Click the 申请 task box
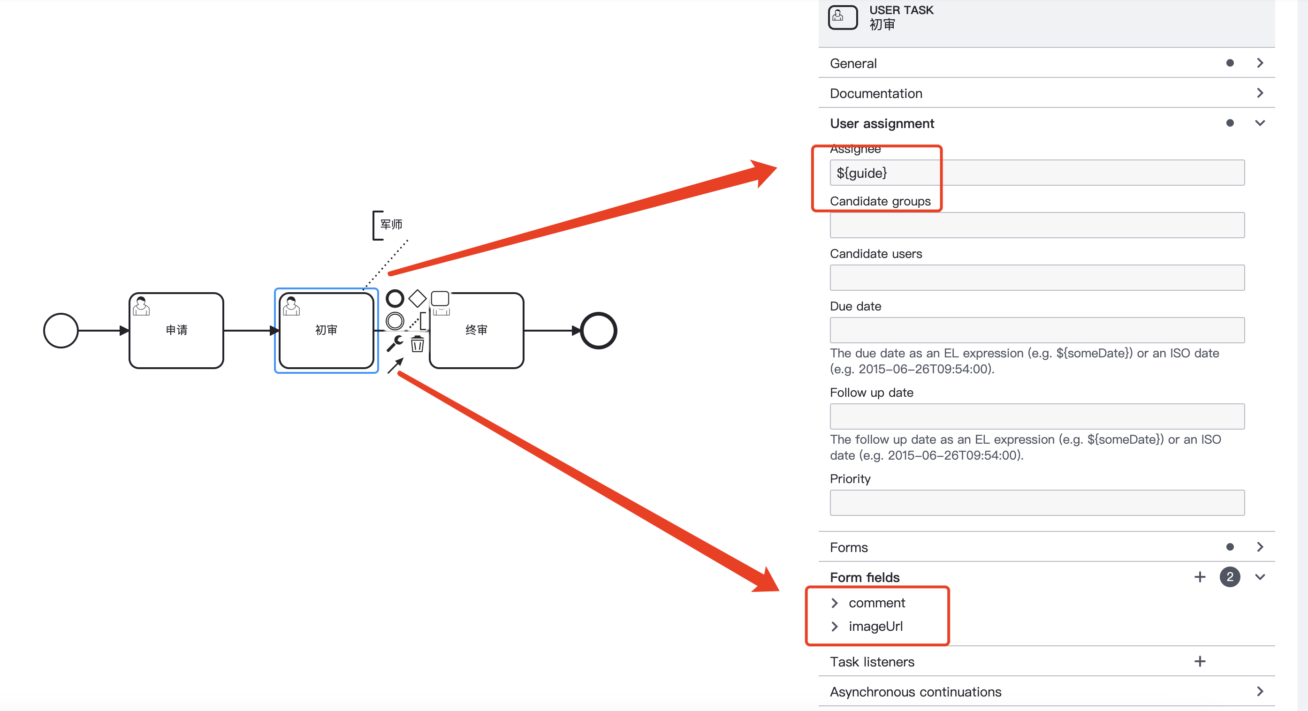[x=176, y=330]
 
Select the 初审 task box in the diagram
[x=326, y=330]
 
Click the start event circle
[x=61, y=330]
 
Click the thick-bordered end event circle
[x=598, y=330]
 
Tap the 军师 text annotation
[x=390, y=224]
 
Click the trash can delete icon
[x=418, y=344]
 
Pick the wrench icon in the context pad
[x=395, y=344]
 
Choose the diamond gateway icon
[x=417, y=298]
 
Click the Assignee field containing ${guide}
[x=1037, y=173]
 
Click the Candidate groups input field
[x=1037, y=225]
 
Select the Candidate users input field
[x=1037, y=278]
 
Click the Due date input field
[x=1037, y=330]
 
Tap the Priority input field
[x=1037, y=502]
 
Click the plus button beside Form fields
[x=1199, y=576]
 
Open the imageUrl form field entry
[x=835, y=626]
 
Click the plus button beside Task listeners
[x=1199, y=661]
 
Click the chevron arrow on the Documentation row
[x=1260, y=93]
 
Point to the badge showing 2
[x=1229, y=576]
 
